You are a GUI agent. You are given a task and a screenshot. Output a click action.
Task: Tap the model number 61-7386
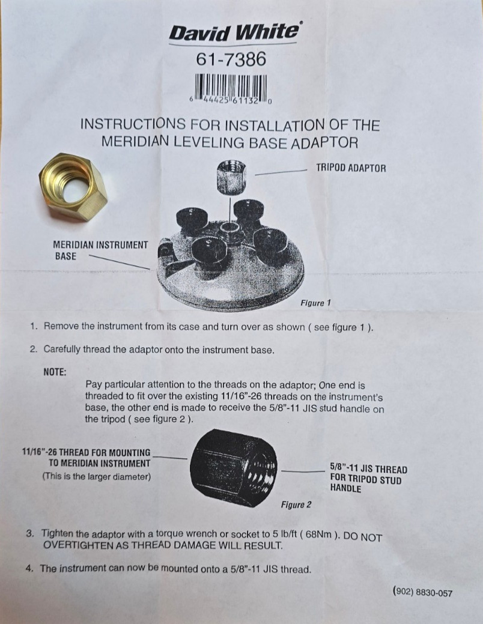pyautogui.click(x=231, y=60)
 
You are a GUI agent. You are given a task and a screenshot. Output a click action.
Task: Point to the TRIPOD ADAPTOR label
pyautogui.click(x=351, y=168)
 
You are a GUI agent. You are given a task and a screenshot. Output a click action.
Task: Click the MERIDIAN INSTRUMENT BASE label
pyautogui.click(x=100, y=250)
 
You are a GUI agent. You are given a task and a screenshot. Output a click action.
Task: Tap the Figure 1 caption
pyautogui.click(x=315, y=303)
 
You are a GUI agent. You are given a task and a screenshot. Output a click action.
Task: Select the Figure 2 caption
pyautogui.click(x=296, y=504)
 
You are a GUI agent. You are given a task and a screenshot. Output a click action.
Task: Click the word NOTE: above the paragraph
pyautogui.click(x=55, y=372)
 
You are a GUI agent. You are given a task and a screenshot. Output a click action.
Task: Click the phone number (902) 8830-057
pyautogui.click(x=422, y=593)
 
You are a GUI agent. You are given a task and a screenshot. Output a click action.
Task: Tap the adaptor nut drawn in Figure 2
pyautogui.click(x=233, y=468)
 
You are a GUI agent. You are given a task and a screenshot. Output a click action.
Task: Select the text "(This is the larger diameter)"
pyautogui.click(x=96, y=476)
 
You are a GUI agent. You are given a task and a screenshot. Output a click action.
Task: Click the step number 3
pyautogui.click(x=30, y=533)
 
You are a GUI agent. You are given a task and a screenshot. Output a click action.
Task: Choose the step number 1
pyautogui.click(x=34, y=327)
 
